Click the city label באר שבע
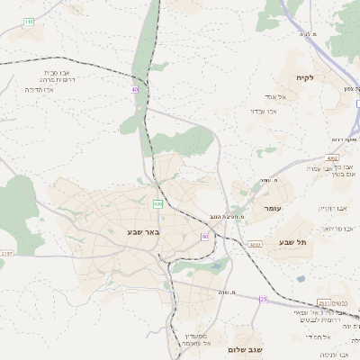click(141, 231)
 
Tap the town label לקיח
click(303, 79)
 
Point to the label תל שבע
click(292, 241)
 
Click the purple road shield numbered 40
click(135, 90)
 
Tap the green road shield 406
click(157, 204)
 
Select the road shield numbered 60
click(205, 236)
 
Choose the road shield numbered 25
click(264, 299)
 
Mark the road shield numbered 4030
click(256, 244)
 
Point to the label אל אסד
click(274, 96)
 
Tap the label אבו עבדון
click(267, 111)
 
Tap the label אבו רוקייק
click(333, 208)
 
